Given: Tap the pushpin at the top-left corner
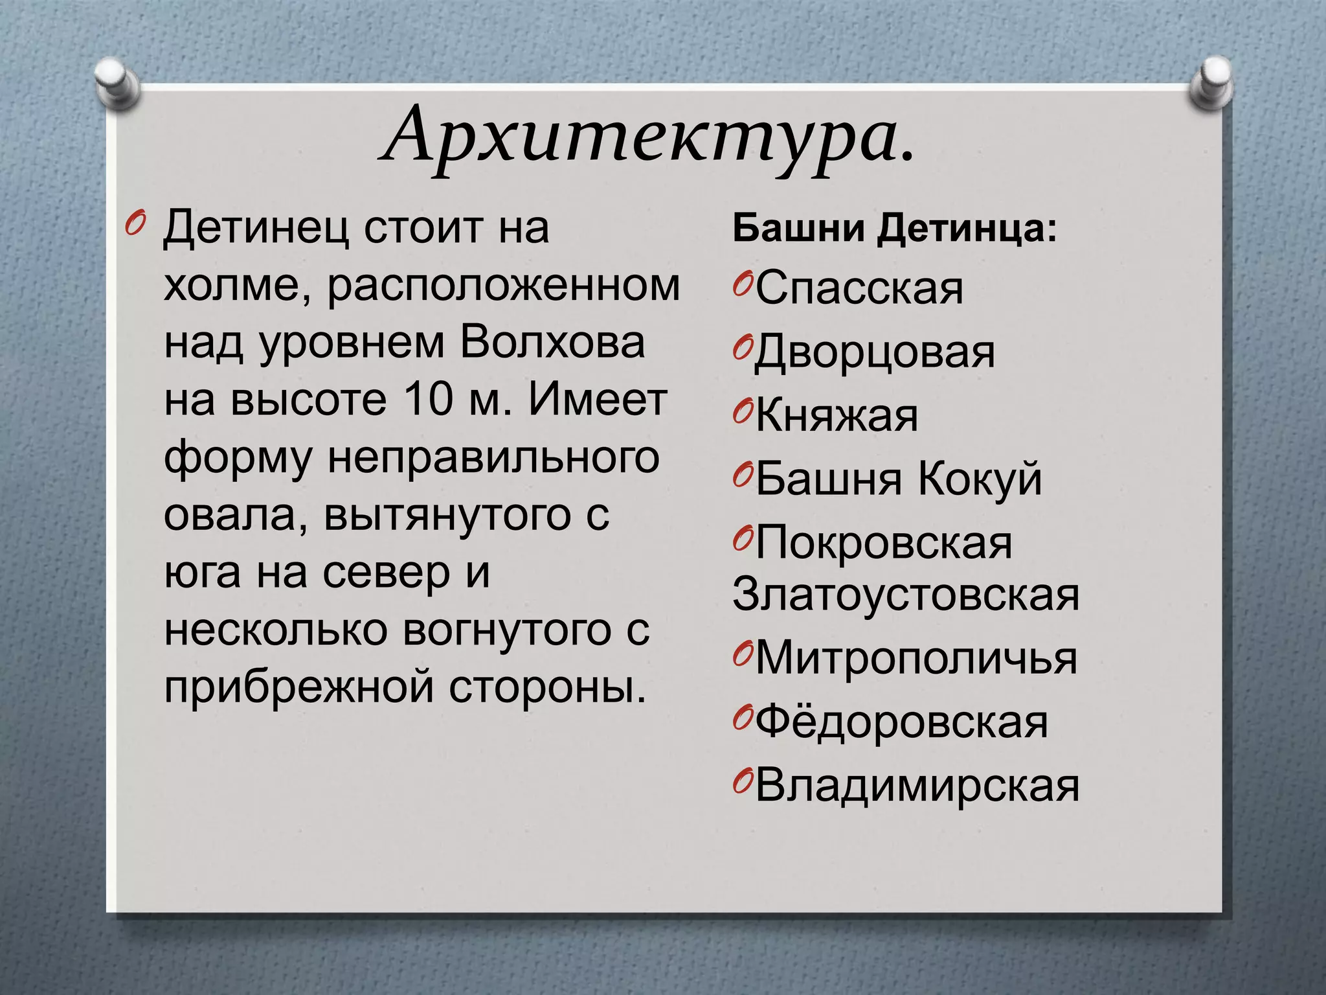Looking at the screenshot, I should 117,83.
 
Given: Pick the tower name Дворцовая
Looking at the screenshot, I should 875,352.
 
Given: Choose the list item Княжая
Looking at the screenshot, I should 837,415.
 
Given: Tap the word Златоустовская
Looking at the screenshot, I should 906,594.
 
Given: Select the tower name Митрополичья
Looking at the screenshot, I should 916,658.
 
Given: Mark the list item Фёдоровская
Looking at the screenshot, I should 901,722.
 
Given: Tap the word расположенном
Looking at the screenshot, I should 504,285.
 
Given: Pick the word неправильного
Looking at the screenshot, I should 494,457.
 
